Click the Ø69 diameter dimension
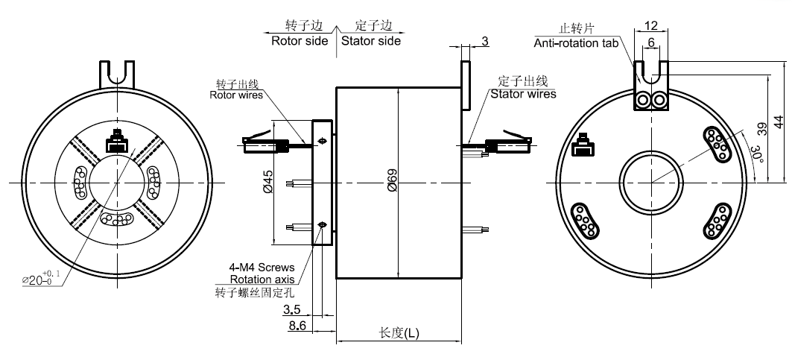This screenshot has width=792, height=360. coord(393,183)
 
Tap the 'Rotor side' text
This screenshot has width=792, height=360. coord(300,41)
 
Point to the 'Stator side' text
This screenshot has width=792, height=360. coord(371,41)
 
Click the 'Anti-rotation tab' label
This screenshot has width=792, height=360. coord(576,43)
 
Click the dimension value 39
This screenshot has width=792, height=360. coord(761,127)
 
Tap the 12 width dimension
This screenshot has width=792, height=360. coord(650,25)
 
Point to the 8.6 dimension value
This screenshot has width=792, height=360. coord(297,326)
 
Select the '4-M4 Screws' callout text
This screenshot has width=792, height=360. coord(262,267)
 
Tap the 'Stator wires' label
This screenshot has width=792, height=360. coord(523,94)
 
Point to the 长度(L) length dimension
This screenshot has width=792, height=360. coord(399,333)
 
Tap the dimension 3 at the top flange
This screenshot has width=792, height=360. coord(484,42)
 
